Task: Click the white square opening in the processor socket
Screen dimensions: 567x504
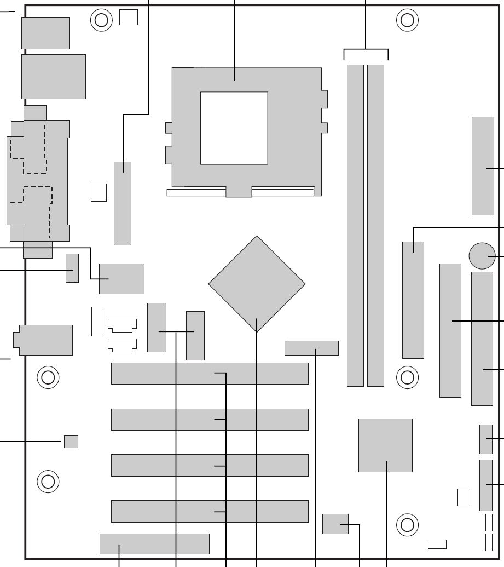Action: [234, 128]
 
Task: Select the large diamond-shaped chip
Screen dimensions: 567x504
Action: [257, 284]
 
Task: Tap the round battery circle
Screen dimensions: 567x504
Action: [482, 255]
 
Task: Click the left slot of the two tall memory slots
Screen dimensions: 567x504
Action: [355, 225]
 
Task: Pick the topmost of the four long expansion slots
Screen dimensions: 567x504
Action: [210, 373]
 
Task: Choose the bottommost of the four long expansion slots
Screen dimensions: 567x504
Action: [210, 511]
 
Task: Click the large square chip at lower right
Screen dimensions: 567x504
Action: [385, 445]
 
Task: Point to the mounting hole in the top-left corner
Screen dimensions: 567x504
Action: [101, 20]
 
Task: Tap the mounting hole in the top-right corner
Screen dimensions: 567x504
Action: [407, 20]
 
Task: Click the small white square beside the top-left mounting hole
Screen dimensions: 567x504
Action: [128, 17]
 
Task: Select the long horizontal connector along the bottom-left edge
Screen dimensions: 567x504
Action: [154, 543]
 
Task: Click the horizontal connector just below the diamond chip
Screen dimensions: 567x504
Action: [311, 348]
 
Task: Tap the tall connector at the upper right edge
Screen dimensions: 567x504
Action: [482, 165]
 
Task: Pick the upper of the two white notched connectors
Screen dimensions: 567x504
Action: [122, 325]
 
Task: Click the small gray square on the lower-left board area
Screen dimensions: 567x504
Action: [71, 441]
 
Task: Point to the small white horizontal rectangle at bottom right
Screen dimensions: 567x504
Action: [437, 544]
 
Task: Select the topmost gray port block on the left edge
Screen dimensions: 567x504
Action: [45, 33]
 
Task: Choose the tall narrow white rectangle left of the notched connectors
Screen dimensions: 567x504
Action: [97, 321]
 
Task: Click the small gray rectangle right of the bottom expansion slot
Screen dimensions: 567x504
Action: [335, 524]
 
